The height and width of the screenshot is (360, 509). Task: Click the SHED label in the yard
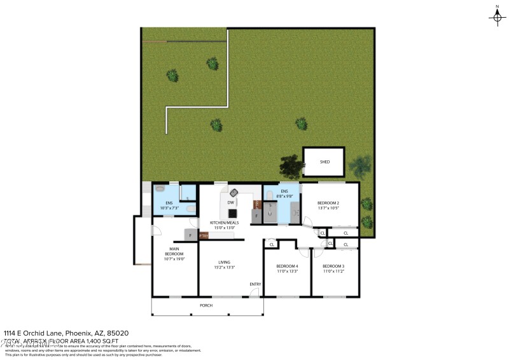pyautogui.click(x=324, y=162)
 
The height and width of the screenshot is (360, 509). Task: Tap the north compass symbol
pyautogui.click(x=497, y=17)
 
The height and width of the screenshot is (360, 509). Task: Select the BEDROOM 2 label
pyautogui.click(x=328, y=203)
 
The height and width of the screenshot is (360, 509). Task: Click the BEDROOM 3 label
pyautogui.click(x=333, y=266)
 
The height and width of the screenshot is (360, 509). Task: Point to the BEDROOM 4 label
pyautogui.click(x=287, y=266)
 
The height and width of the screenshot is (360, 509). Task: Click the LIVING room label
pyautogui.click(x=224, y=262)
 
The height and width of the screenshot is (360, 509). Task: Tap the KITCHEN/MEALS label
pyautogui.click(x=224, y=223)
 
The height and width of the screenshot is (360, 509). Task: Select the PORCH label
pyautogui.click(x=206, y=305)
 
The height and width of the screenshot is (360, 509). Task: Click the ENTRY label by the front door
pyautogui.click(x=255, y=284)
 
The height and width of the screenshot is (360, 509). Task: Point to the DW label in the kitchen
pyautogui.click(x=231, y=202)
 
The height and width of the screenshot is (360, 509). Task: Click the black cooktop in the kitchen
pyautogui.click(x=233, y=214)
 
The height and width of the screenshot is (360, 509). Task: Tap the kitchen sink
pyautogui.click(x=234, y=192)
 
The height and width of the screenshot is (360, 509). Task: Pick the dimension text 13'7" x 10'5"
pyautogui.click(x=328, y=208)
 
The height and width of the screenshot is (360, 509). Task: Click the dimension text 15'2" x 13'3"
pyautogui.click(x=224, y=267)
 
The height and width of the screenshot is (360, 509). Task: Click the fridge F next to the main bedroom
pyautogui.click(x=190, y=235)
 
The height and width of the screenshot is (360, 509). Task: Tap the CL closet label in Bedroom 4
pyautogui.click(x=272, y=244)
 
